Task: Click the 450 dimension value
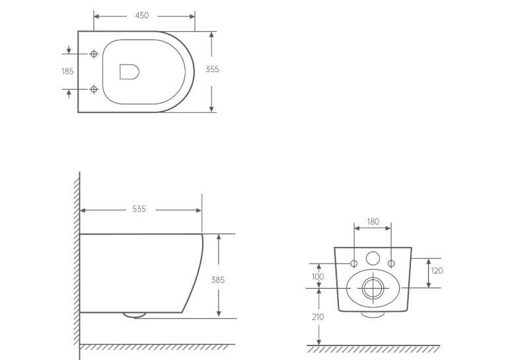pyautogui.click(x=142, y=15)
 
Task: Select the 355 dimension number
pyautogui.click(x=212, y=69)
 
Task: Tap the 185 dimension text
pyautogui.click(x=68, y=71)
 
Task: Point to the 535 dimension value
pyautogui.click(x=139, y=209)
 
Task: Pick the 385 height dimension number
pyautogui.click(x=218, y=280)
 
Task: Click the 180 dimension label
pyautogui.click(x=373, y=221)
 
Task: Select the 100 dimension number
pyautogui.click(x=318, y=277)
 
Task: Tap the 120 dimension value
pyautogui.click(x=437, y=271)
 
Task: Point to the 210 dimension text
pyautogui.click(x=318, y=317)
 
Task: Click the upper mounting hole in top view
pyautogui.click(x=94, y=54)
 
